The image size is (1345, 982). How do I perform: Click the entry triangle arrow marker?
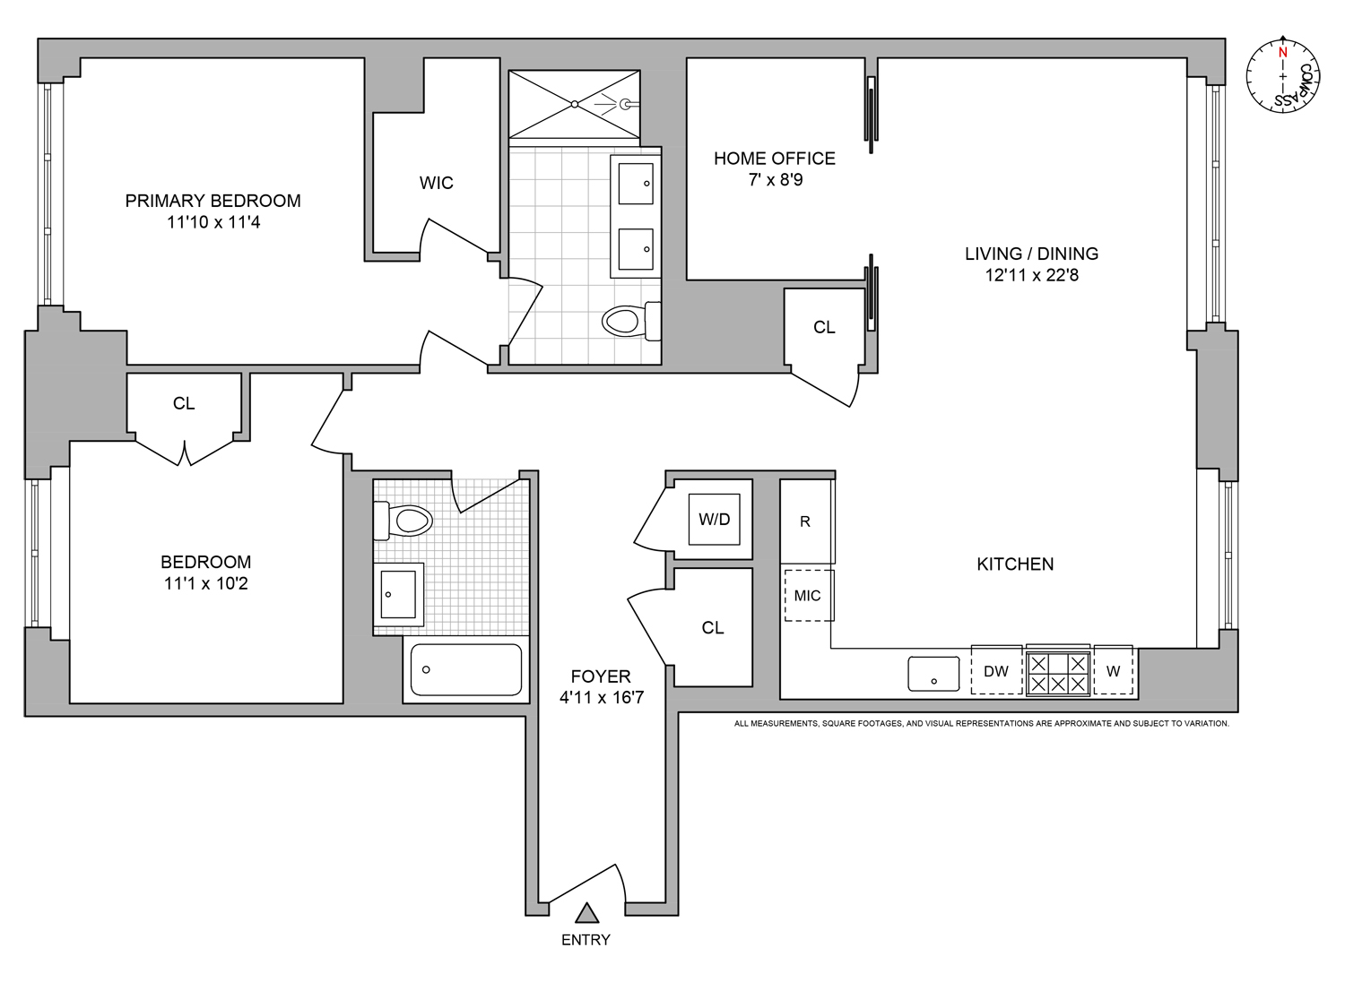[x=586, y=913]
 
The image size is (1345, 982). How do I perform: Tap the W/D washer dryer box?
[x=714, y=520]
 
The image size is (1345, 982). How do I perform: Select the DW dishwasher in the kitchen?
[x=996, y=670]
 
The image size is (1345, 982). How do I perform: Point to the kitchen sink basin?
[x=933, y=674]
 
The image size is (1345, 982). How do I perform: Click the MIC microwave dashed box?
[x=808, y=596]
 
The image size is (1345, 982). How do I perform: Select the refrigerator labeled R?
[x=806, y=521]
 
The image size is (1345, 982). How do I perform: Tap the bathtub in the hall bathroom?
[x=465, y=669]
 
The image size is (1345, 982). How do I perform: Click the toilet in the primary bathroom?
[x=626, y=320]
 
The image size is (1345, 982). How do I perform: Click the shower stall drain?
[x=575, y=105]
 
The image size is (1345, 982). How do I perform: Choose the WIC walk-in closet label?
[x=436, y=183]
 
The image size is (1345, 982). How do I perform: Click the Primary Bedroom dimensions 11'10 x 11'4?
[x=213, y=222]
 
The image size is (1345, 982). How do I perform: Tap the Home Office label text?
[x=774, y=159]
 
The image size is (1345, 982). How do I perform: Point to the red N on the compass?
[x=1282, y=53]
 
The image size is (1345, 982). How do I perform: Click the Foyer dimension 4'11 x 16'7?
[x=601, y=698]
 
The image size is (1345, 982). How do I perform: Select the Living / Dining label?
[x=1031, y=254]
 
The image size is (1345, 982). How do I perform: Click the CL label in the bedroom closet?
[x=184, y=404]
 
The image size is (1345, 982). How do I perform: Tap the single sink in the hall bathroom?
[x=399, y=593]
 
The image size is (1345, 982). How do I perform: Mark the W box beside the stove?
[x=1113, y=671]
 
